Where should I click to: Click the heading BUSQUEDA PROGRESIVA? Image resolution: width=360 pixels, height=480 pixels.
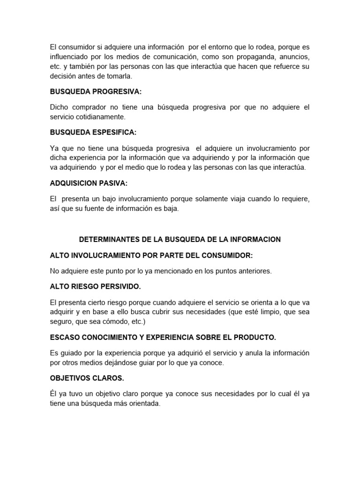tap(96, 91)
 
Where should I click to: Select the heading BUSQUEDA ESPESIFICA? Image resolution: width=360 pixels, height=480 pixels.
tap(93, 133)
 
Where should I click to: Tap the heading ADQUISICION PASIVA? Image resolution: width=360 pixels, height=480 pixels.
tap(89, 183)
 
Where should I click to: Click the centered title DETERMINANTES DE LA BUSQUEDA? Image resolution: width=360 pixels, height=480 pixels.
tap(180, 239)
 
